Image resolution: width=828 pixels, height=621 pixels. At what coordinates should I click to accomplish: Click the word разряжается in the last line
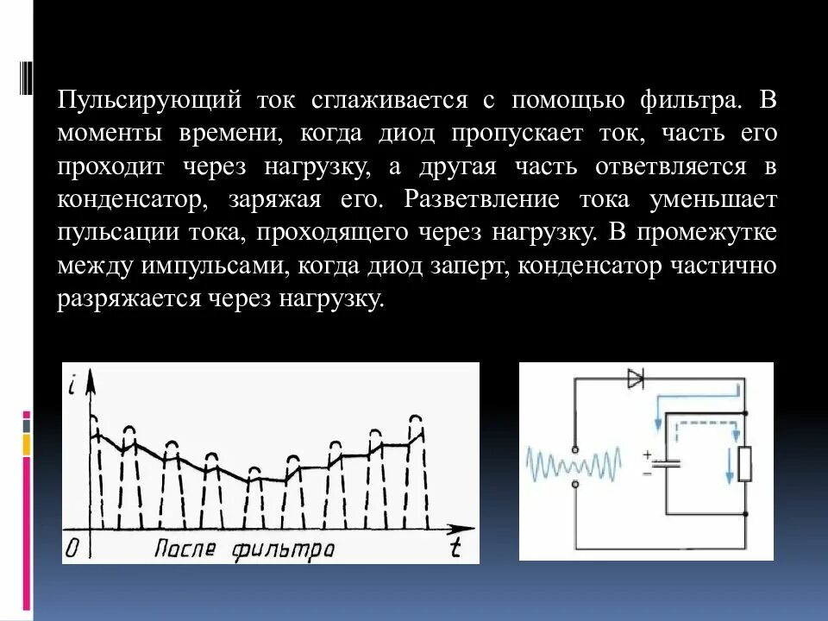tap(129, 299)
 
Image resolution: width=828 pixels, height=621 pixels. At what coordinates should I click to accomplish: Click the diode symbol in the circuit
tap(637, 379)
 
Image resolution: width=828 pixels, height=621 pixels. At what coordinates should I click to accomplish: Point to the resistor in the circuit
tap(745, 463)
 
